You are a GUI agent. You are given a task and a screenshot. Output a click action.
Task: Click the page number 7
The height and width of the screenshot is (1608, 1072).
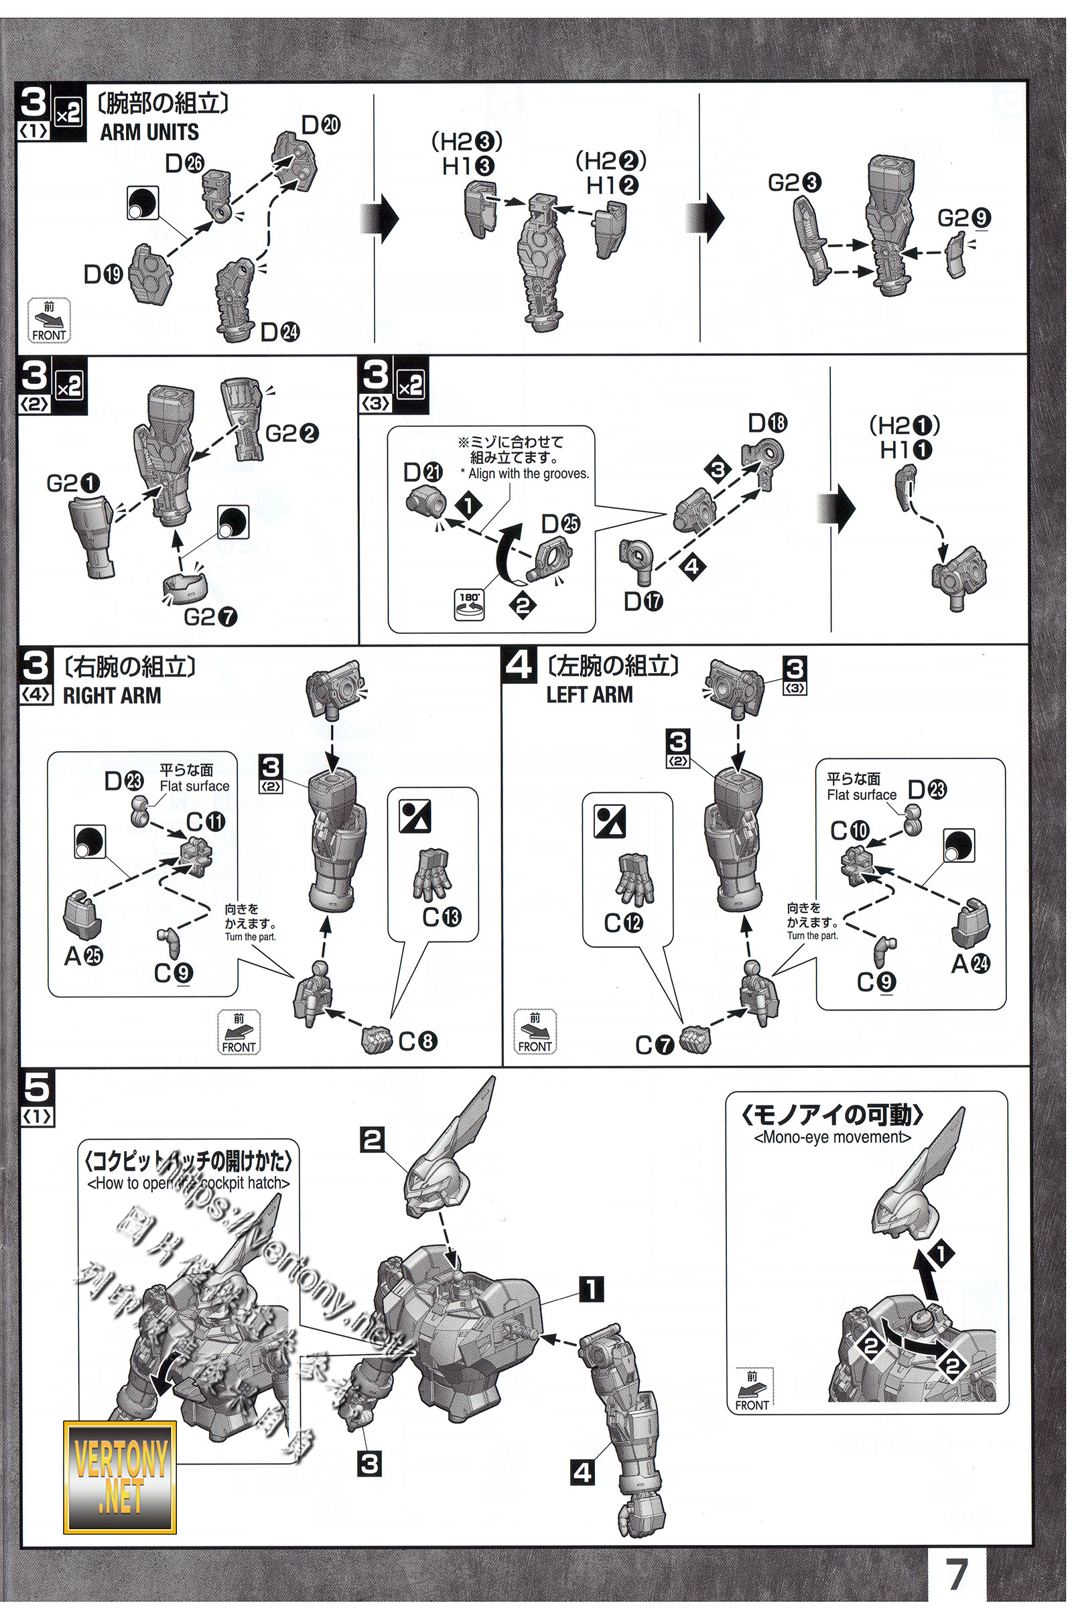click(x=957, y=1573)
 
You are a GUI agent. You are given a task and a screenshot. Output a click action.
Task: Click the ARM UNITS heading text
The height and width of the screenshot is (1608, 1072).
click(x=149, y=132)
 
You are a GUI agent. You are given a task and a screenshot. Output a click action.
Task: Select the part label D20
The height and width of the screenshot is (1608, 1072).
click(x=321, y=125)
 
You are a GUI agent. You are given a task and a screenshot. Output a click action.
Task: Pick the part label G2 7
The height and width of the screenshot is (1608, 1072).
click(x=210, y=617)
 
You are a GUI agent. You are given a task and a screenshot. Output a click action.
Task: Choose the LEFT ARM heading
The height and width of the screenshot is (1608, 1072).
click(x=590, y=695)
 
